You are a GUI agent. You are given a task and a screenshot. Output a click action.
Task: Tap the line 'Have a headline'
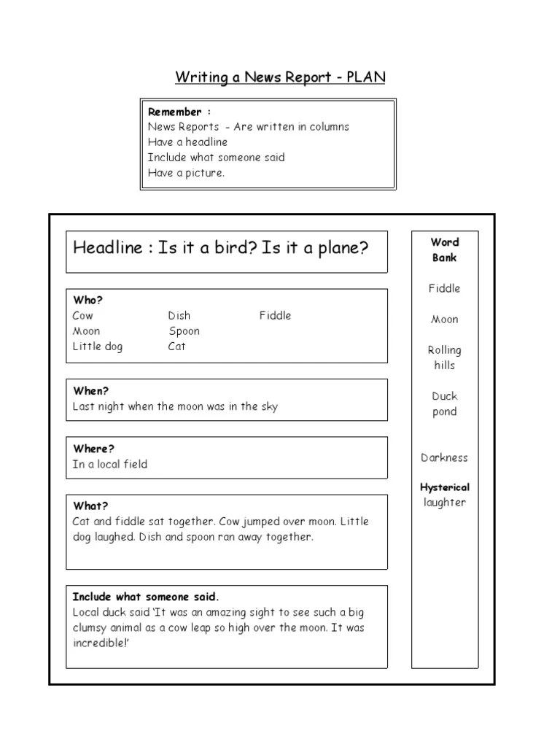click(x=187, y=142)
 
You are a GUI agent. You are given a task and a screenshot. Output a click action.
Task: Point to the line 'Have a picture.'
click(x=187, y=173)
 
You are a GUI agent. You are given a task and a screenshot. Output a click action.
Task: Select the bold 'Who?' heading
click(x=87, y=301)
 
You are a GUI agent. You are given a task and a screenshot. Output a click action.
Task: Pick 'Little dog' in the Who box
click(x=98, y=347)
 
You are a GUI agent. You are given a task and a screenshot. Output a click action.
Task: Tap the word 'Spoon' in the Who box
click(x=184, y=331)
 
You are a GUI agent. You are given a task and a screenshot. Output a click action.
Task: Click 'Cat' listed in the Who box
click(x=176, y=347)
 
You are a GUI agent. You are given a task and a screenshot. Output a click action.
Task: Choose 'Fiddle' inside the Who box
click(x=275, y=316)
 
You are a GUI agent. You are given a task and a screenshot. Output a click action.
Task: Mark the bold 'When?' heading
click(x=90, y=391)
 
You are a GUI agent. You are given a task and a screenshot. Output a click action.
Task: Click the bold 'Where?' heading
click(x=93, y=449)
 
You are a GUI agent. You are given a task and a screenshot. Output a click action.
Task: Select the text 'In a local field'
click(x=109, y=464)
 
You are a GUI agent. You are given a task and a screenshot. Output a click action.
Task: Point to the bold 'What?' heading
click(x=90, y=506)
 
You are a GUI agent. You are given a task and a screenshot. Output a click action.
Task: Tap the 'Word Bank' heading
click(x=444, y=249)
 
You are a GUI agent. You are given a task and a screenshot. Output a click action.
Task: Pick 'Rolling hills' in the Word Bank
click(x=444, y=357)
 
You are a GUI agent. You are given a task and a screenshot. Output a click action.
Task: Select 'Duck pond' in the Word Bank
click(x=444, y=403)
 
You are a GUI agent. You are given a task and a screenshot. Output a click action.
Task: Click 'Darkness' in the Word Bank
click(x=444, y=458)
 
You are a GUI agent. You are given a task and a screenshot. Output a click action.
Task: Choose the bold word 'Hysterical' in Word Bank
click(x=444, y=487)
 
